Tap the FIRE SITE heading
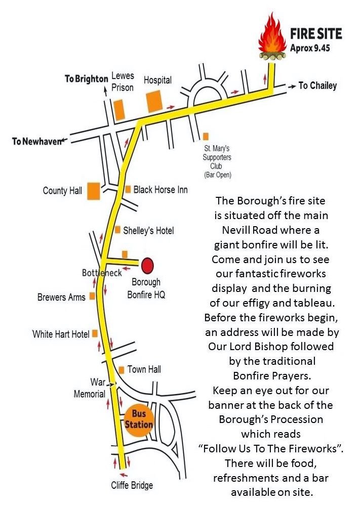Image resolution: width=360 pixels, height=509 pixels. (x=316, y=34)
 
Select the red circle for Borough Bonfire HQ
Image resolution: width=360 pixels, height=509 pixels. (x=147, y=265)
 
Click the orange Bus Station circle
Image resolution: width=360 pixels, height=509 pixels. (x=138, y=419)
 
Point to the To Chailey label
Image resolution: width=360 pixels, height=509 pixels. (x=317, y=86)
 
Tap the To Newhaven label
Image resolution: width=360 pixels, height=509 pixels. (x=36, y=141)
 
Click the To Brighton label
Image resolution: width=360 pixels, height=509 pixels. (x=87, y=79)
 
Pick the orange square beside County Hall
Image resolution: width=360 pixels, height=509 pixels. (x=94, y=191)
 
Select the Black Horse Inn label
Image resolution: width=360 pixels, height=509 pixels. (x=161, y=190)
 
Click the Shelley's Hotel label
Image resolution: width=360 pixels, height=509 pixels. (x=148, y=231)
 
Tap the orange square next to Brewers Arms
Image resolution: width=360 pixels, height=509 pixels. (x=92, y=296)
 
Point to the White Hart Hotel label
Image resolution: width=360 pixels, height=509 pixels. (x=61, y=334)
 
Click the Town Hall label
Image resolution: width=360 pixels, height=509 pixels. (x=144, y=369)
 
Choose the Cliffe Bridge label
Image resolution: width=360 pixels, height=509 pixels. (x=132, y=485)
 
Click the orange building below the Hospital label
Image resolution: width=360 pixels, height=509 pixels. (x=154, y=101)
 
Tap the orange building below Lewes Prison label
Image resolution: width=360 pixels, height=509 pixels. (x=119, y=109)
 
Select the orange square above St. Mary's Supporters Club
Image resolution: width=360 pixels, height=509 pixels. (x=206, y=136)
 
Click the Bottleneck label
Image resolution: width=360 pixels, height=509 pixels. (x=102, y=273)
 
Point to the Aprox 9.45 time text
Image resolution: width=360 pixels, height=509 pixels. (x=310, y=48)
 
